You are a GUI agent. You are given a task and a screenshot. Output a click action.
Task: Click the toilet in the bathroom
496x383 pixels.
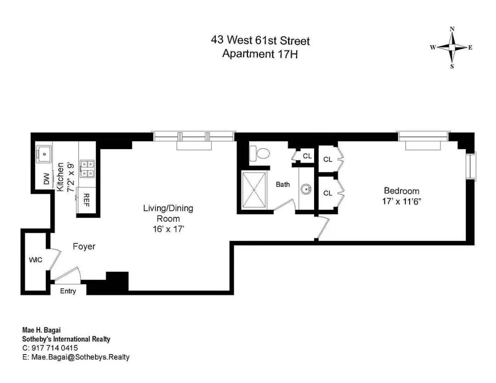coord(259,153)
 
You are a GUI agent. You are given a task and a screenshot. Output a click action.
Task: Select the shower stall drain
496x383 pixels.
coord(254,189)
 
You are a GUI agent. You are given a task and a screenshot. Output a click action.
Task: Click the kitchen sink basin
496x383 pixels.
coord(44,154)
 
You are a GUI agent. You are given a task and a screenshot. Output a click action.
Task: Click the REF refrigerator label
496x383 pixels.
coord(86,200)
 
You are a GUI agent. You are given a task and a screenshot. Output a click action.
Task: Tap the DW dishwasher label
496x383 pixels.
coord(46,179)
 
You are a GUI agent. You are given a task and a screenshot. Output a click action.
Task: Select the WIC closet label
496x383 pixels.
coord(36,260)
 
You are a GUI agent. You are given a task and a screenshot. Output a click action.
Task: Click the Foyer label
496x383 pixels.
coord(84,246)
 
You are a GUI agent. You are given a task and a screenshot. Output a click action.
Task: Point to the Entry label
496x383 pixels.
coord(68,291)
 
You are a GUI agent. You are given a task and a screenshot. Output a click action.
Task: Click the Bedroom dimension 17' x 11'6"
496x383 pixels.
coord(402,201)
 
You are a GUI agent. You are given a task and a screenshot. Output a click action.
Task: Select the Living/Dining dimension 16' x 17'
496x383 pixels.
coord(169,229)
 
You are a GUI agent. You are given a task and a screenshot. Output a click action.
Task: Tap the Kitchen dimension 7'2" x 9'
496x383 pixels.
coord(70,177)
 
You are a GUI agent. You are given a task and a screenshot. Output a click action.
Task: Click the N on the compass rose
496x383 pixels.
coord(452,29)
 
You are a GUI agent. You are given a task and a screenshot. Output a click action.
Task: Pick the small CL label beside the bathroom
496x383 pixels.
coord(307,156)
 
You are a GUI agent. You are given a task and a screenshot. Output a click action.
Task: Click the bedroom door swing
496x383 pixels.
coord(323,227)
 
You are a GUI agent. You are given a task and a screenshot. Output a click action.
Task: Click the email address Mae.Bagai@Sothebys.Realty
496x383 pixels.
coord(80,357)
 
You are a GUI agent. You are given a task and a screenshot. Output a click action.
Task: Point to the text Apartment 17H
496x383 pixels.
coord(260,54)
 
